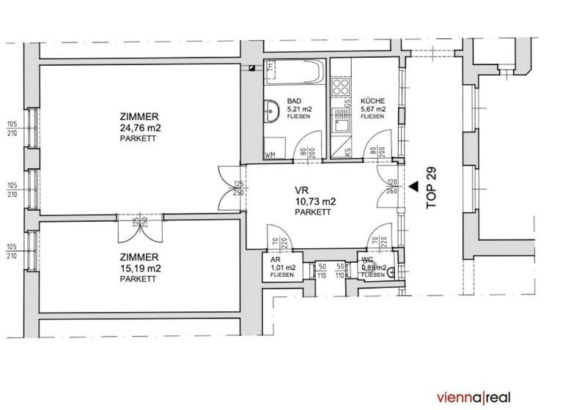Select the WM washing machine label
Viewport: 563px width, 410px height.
pos(269,155)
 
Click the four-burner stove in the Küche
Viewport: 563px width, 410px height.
pos(341,89)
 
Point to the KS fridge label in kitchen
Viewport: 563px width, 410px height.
pos(347,153)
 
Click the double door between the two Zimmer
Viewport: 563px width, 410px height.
pos(139,227)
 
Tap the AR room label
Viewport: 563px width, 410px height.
pos(276,259)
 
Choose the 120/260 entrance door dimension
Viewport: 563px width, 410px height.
pos(391,186)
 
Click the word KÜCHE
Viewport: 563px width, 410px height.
pos(372,102)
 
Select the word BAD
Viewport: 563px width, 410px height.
pos(293,102)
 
